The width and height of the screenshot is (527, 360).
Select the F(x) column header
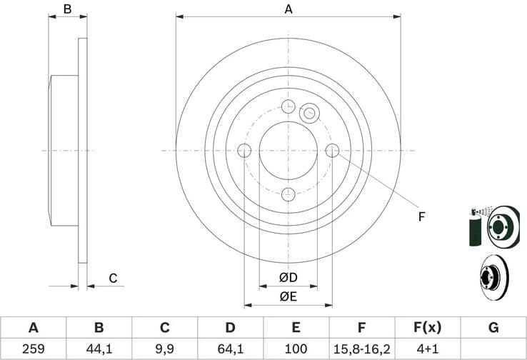coord(427,328)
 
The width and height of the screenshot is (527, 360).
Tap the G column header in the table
coord(493,328)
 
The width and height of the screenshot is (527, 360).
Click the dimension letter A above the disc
coord(288,9)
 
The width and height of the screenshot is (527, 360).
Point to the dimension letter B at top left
coord(67,9)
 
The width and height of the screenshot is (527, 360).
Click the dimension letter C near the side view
coord(112,278)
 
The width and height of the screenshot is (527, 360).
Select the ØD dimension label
coord(288,277)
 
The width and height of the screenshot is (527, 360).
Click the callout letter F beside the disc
coord(421,216)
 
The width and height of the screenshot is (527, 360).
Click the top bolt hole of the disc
coord(288,107)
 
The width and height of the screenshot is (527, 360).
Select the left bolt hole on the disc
coord(244,151)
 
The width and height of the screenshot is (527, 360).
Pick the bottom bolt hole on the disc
coord(288,194)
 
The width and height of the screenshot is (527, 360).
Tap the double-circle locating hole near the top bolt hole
coord(309,113)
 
